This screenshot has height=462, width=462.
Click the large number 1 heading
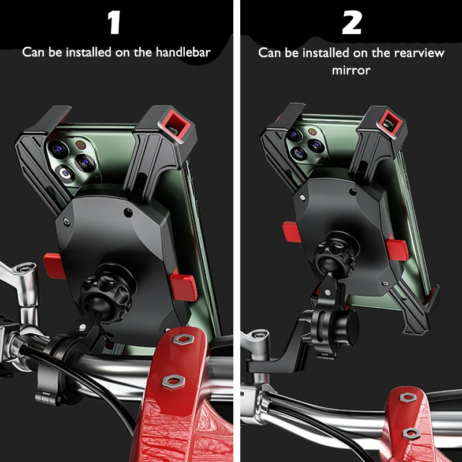(x=114, y=23)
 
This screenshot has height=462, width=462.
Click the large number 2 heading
(x=351, y=23)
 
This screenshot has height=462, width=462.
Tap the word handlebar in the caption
(x=182, y=52)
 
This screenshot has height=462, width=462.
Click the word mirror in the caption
(x=351, y=70)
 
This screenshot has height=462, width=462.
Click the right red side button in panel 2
(x=398, y=249)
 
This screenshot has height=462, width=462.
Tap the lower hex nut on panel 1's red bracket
(x=172, y=379)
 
